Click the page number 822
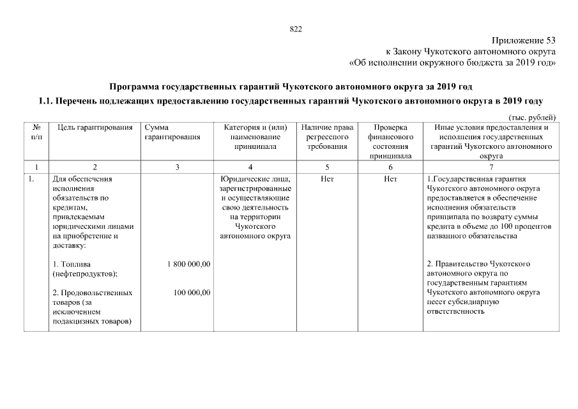(x=296, y=29)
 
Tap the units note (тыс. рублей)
(x=532, y=116)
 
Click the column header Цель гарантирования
(x=95, y=127)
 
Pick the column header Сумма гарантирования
(x=172, y=132)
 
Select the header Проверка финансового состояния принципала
(x=390, y=141)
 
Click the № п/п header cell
(x=36, y=132)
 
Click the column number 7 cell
(x=491, y=167)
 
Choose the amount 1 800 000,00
(x=188, y=264)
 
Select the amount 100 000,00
(x=192, y=293)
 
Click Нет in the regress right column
(x=326, y=179)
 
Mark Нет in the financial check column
(x=390, y=179)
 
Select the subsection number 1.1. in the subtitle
(x=46, y=101)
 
